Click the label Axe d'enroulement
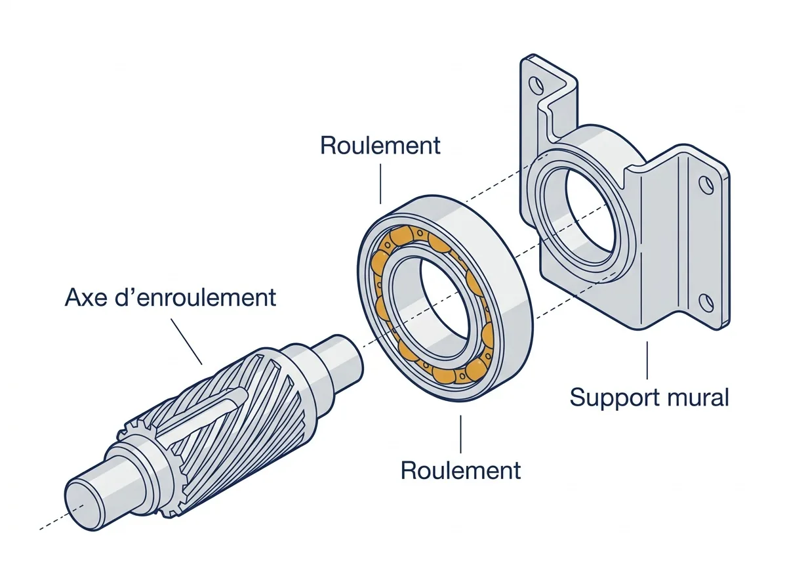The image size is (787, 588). [171, 297]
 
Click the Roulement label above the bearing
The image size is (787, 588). [380, 145]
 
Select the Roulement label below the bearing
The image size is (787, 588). [461, 470]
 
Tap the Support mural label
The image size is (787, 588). [649, 398]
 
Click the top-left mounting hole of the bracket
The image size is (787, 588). [536, 84]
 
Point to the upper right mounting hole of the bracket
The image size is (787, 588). [706, 185]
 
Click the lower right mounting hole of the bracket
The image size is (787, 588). [706, 303]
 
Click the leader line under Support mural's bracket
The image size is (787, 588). [647, 360]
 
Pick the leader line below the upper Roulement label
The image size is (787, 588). [380, 184]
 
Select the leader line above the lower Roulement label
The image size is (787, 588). [461, 434]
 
